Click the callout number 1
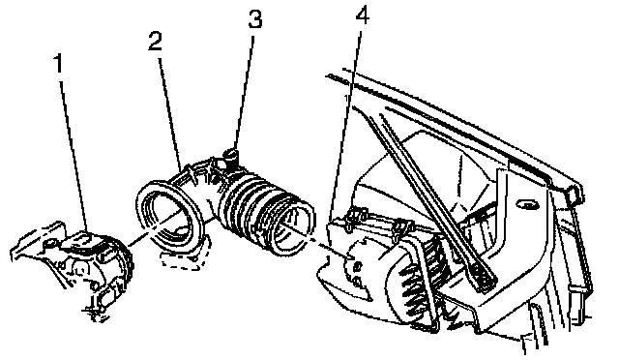tap(59, 64)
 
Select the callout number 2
tap(155, 41)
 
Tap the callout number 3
tap(255, 18)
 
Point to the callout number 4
tap(363, 15)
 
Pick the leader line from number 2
tap(170, 115)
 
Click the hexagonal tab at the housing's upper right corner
tap(574, 194)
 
